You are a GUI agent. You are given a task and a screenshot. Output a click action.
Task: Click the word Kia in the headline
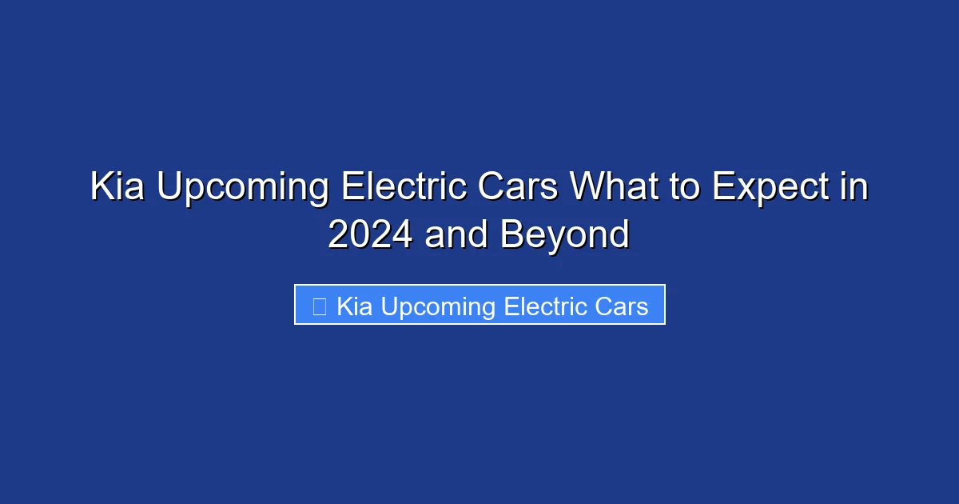118,188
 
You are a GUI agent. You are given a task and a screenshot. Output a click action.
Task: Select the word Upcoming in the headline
241,188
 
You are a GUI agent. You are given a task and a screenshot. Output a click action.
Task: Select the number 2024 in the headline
371,235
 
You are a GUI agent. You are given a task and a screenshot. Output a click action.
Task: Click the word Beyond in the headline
565,235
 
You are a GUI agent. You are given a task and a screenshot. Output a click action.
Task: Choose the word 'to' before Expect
684,188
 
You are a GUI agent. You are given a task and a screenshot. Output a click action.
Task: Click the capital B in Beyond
511,235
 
